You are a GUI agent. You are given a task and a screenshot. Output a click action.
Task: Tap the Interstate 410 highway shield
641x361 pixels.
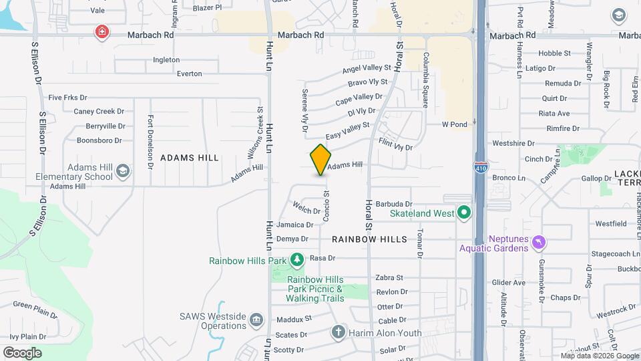481,168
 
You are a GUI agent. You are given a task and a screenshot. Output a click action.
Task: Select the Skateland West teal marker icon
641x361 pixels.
464,214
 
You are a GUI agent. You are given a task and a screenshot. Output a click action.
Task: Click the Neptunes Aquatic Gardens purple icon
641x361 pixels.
539,241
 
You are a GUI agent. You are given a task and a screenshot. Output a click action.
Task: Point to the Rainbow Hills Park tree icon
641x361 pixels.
296,259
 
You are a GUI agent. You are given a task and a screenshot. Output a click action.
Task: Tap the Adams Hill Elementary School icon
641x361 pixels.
123,171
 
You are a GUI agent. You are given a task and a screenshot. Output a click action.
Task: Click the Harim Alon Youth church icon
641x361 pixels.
339,332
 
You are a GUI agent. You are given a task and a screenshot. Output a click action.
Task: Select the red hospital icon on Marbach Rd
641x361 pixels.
101,32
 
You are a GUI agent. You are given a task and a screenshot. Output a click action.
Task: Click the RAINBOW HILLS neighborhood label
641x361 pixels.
369,239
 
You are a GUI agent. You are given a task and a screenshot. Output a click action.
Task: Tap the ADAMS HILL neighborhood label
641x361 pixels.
190,158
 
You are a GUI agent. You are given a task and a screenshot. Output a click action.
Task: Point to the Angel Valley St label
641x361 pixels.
367,69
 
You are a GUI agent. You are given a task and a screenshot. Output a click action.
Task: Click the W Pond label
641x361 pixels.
454,124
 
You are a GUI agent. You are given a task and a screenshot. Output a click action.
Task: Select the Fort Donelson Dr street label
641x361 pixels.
151,140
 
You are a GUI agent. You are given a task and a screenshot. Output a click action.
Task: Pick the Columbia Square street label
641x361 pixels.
425,80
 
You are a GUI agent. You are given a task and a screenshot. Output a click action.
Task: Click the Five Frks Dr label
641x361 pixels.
68,98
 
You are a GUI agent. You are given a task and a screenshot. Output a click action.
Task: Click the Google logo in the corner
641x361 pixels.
22,352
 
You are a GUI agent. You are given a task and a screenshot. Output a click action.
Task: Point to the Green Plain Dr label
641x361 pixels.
35,308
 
